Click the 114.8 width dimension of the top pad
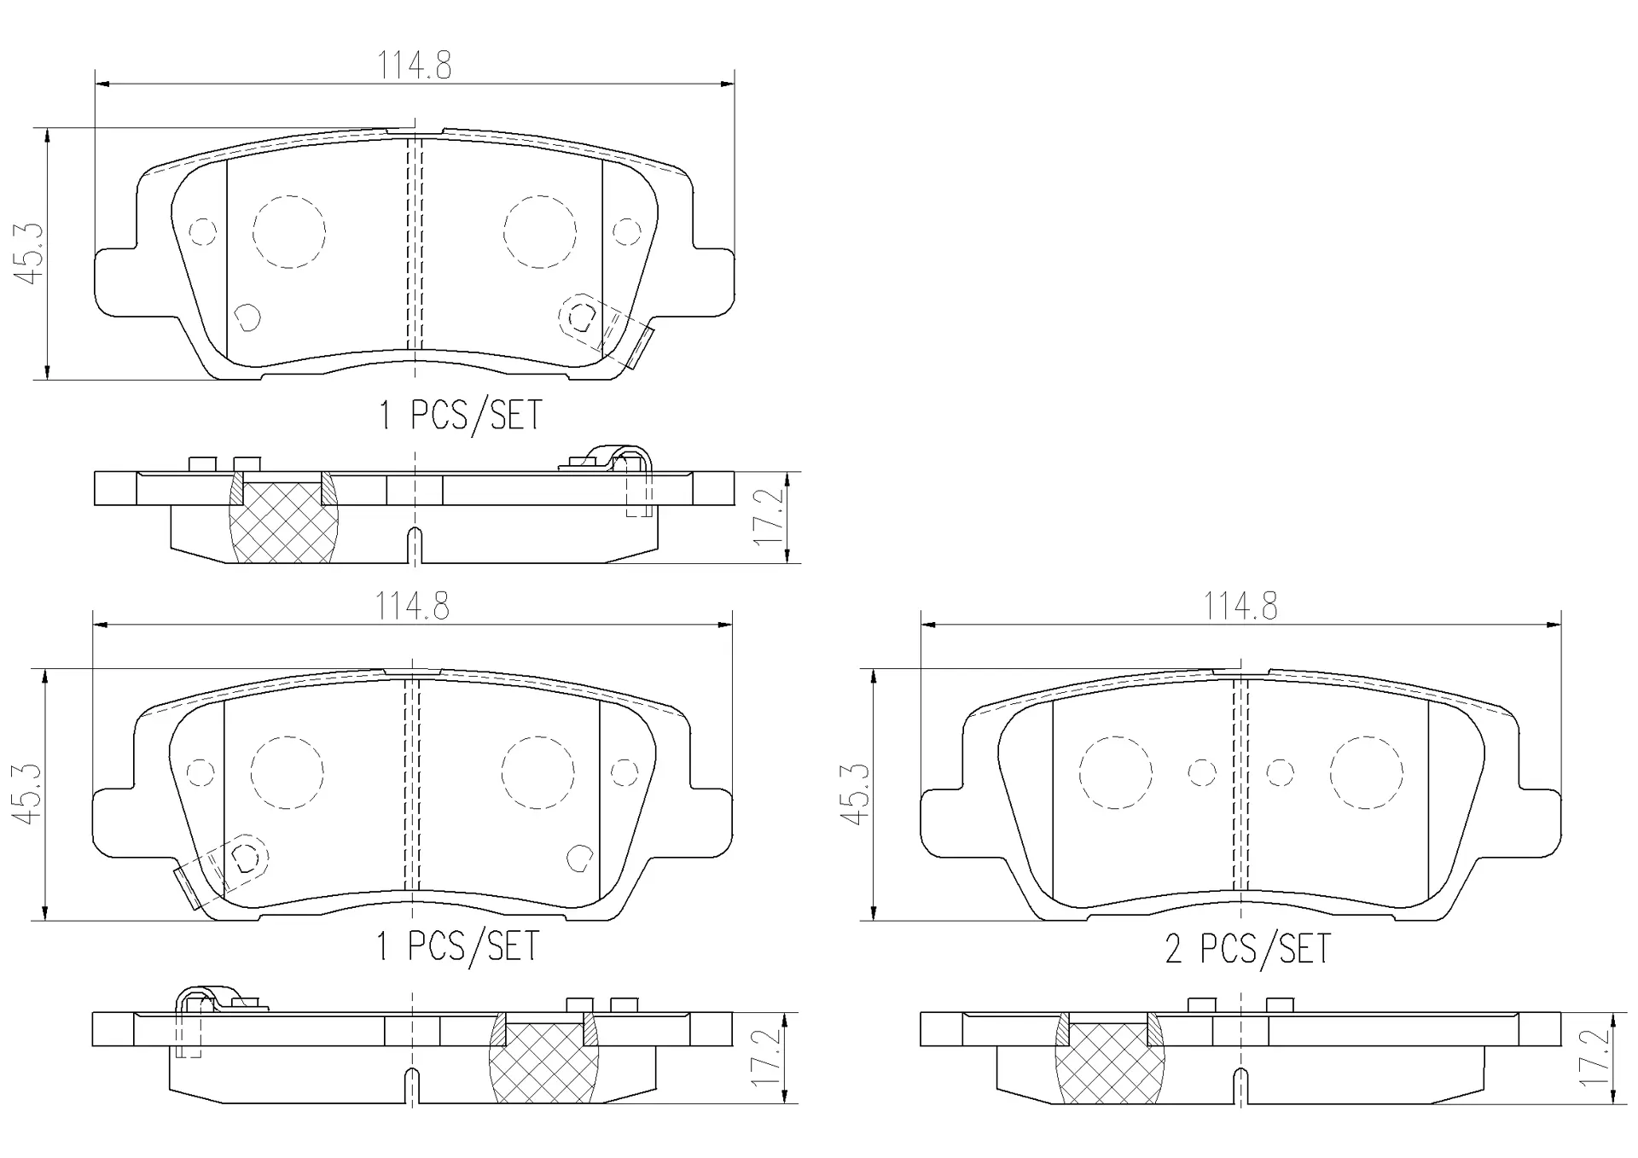[415, 66]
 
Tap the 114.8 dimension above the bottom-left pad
[413, 607]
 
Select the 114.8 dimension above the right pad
[1240, 607]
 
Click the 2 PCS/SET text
[1247, 949]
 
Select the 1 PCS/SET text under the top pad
[460, 416]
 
